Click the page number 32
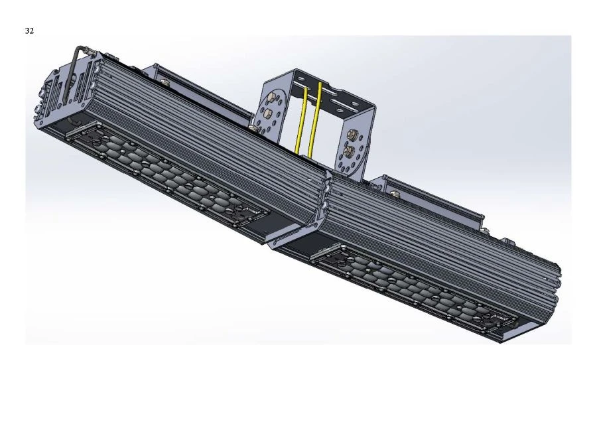pyautogui.click(x=29, y=31)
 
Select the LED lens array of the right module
pyautogui.click(x=411, y=285)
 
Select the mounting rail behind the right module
pyautogui.click(x=431, y=196)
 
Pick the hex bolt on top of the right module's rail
pyautogui.click(x=396, y=194)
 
